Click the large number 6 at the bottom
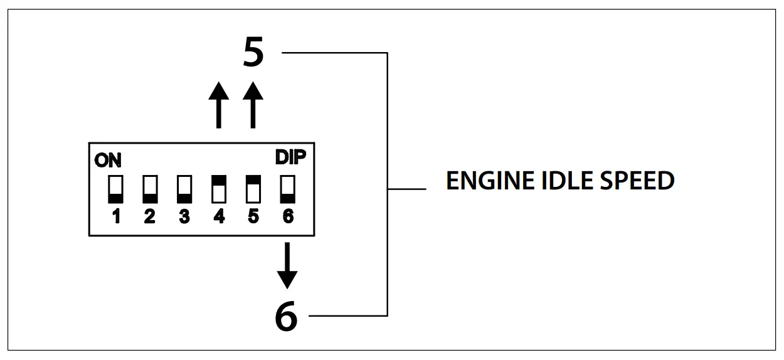(286, 316)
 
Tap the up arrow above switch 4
(218, 105)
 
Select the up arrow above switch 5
(253, 105)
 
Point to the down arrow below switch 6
(287, 265)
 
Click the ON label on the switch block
(108, 161)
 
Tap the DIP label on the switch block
(291, 158)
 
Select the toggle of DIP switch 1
(116, 189)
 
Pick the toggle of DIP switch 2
(150, 189)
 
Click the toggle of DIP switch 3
(184, 189)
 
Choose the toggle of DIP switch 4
(219, 189)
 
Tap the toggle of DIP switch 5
(253, 189)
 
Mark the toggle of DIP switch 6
(287, 189)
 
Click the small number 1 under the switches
(116, 217)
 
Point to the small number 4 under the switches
(219, 217)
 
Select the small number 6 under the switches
(287, 217)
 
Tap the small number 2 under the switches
(150, 217)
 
